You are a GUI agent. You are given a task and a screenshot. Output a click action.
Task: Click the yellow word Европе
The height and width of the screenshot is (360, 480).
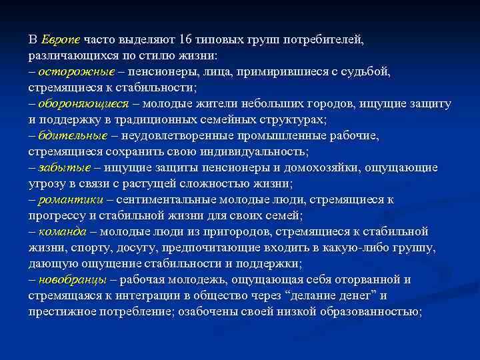coord(61,39)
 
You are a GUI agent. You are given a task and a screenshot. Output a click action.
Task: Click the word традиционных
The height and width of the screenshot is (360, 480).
coord(173,119)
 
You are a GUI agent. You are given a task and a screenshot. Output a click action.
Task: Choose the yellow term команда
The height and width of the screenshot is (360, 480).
coord(63,231)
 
